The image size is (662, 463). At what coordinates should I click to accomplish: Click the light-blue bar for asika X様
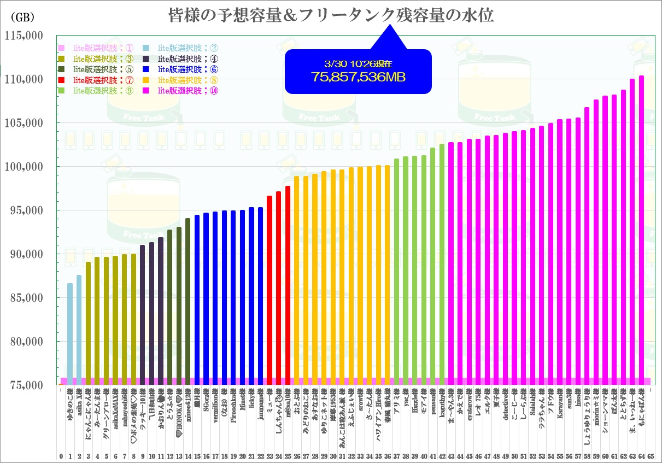pyautogui.click(x=79, y=328)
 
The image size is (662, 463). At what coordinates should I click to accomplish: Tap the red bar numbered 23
pyautogui.click(x=270, y=290)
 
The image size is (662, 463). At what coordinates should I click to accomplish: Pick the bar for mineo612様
pyautogui.click(x=188, y=301)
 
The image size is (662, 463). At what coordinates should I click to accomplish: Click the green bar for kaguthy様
pyautogui.click(x=442, y=262)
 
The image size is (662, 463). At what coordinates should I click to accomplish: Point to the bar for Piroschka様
pyautogui.click(x=233, y=295)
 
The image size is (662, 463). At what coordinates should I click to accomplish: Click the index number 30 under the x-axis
pyautogui.click(x=333, y=455)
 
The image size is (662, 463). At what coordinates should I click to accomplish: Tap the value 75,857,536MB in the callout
pyautogui.click(x=359, y=77)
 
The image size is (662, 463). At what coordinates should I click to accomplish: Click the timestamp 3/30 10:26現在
pyautogui.click(x=358, y=63)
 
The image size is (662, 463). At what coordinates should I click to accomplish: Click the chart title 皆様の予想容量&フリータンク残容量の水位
pyautogui.click(x=330, y=15)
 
